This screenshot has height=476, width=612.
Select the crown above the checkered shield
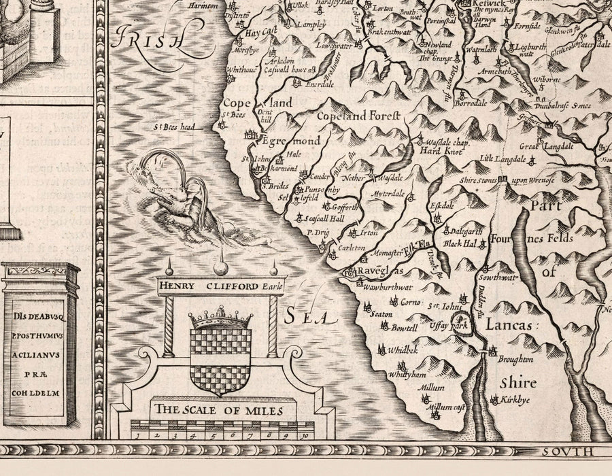click(219, 318)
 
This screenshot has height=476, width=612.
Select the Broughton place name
click(514, 358)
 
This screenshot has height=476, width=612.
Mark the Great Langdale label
click(547, 146)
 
